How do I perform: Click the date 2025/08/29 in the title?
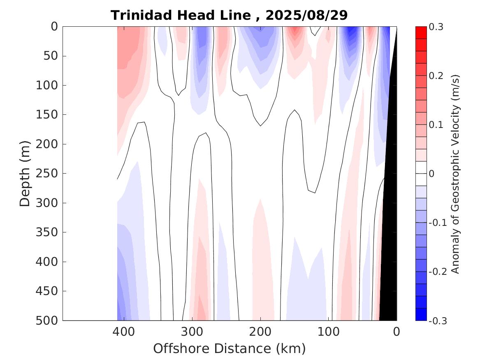tap(306, 16)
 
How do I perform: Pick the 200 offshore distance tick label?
tap(260, 331)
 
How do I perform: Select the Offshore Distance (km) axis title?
tap(230, 348)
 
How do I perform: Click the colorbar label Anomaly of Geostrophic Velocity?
tap(455, 173)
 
